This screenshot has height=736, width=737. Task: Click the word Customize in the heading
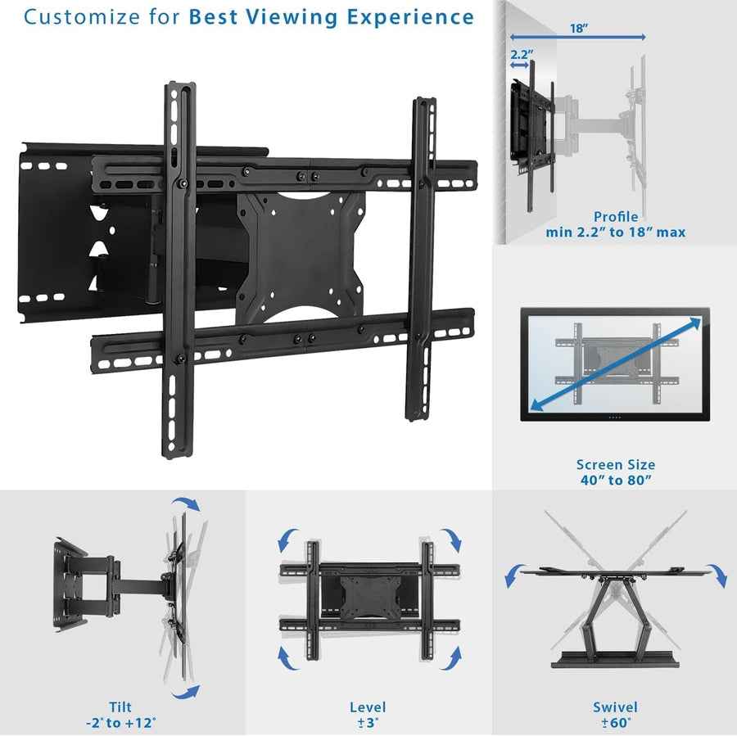point(73,16)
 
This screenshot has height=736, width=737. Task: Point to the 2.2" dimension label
point(521,55)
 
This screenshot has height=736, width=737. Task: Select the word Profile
point(616,217)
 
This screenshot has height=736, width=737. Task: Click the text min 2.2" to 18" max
point(616,233)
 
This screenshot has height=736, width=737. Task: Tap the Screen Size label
point(616,465)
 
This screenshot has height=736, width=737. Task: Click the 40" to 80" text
point(616,481)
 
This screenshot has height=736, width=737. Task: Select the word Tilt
point(120,707)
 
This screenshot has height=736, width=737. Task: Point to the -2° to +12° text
point(120,723)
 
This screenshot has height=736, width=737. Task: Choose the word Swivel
point(616,707)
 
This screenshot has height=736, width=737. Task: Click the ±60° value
point(616,723)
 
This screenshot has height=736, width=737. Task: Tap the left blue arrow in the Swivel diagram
point(514,575)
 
